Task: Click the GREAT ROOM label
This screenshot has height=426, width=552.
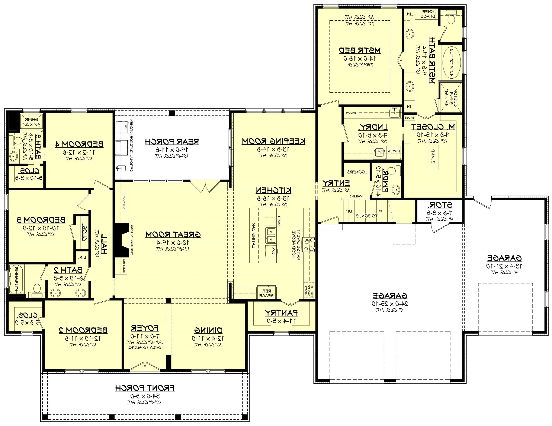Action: coord(173,235)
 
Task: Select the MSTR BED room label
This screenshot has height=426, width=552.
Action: coord(359,50)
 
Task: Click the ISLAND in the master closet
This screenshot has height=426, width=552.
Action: coord(433,158)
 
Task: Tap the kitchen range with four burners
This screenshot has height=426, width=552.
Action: coord(309,245)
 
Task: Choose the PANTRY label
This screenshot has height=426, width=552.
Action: coord(281,313)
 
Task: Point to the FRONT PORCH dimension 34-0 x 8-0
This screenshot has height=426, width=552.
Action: coord(145,396)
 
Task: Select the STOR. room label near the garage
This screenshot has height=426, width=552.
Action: coord(440,205)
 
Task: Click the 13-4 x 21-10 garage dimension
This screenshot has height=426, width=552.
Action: coord(504,266)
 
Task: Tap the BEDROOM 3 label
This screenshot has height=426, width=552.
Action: coord(41,220)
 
